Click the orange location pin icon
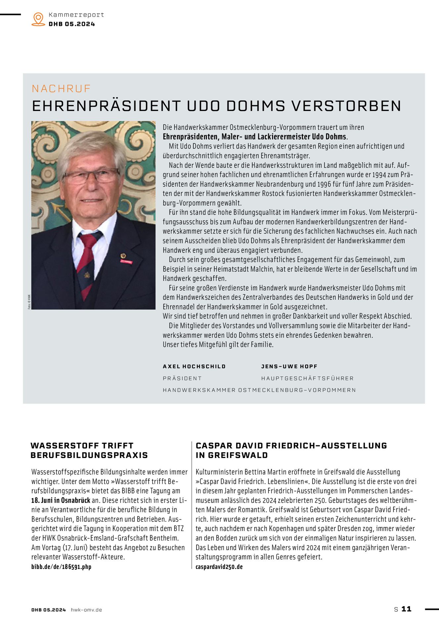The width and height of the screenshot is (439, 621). click(38, 19)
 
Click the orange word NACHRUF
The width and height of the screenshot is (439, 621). click(61, 89)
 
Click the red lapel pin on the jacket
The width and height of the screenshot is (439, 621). click(126, 261)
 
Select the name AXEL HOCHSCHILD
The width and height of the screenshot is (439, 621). click(194, 366)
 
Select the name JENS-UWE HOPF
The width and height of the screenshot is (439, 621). click(289, 366)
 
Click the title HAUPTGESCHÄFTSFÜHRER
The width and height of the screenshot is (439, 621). click(307, 378)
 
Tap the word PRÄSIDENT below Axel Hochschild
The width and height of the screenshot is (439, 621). click(182, 378)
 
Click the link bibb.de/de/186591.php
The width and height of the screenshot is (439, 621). click(61, 567)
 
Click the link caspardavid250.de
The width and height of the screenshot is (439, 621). click(219, 567)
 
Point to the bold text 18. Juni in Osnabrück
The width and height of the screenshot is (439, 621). click(61, 500)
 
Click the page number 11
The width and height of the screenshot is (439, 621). click(406, 609)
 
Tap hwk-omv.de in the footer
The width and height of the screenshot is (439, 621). click(86, 610)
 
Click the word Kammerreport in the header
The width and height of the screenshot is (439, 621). click(76, 15)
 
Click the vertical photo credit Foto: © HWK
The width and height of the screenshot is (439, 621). click(29, 302)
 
